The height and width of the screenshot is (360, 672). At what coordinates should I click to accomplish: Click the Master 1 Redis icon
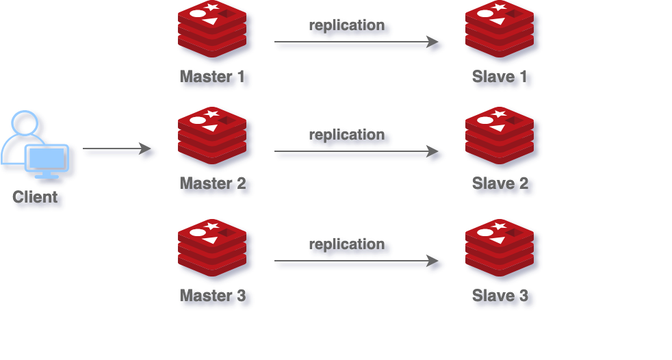click(214, 31)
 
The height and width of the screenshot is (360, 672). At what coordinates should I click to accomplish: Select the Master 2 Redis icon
click(214, 138)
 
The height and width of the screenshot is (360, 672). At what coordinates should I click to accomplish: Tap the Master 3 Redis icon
click(214, 250)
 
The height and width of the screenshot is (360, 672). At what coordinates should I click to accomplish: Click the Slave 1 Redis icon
click(502, 31)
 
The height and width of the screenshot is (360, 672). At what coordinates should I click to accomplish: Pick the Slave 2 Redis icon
click(502, 138)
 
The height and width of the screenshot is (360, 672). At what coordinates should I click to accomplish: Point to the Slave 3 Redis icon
click(502, 250)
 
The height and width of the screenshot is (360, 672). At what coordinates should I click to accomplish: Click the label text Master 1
click(213, 77)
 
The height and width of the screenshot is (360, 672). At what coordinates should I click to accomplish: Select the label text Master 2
click(213, 183)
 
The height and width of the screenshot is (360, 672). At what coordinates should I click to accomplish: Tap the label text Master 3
click(213, 296)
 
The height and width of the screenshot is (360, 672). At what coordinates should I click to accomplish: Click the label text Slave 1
click(500, 77)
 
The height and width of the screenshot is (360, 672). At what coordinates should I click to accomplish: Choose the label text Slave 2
click(500, 183)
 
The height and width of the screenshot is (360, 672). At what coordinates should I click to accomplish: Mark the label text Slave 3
click(500, 296)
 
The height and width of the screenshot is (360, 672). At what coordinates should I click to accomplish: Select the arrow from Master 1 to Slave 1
click(358, 44)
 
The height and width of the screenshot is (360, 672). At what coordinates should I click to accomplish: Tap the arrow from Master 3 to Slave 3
click(358, 263)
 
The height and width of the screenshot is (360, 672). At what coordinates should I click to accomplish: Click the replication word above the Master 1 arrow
click(348, 26)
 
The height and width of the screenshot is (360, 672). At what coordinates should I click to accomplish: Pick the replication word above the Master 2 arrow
click(348, 135)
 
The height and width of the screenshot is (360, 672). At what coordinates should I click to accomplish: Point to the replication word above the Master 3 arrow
click(348, 244)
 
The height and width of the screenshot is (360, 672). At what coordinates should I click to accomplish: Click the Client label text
click(36, 198)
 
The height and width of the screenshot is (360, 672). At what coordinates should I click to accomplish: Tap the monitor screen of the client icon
click(47, 158)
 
